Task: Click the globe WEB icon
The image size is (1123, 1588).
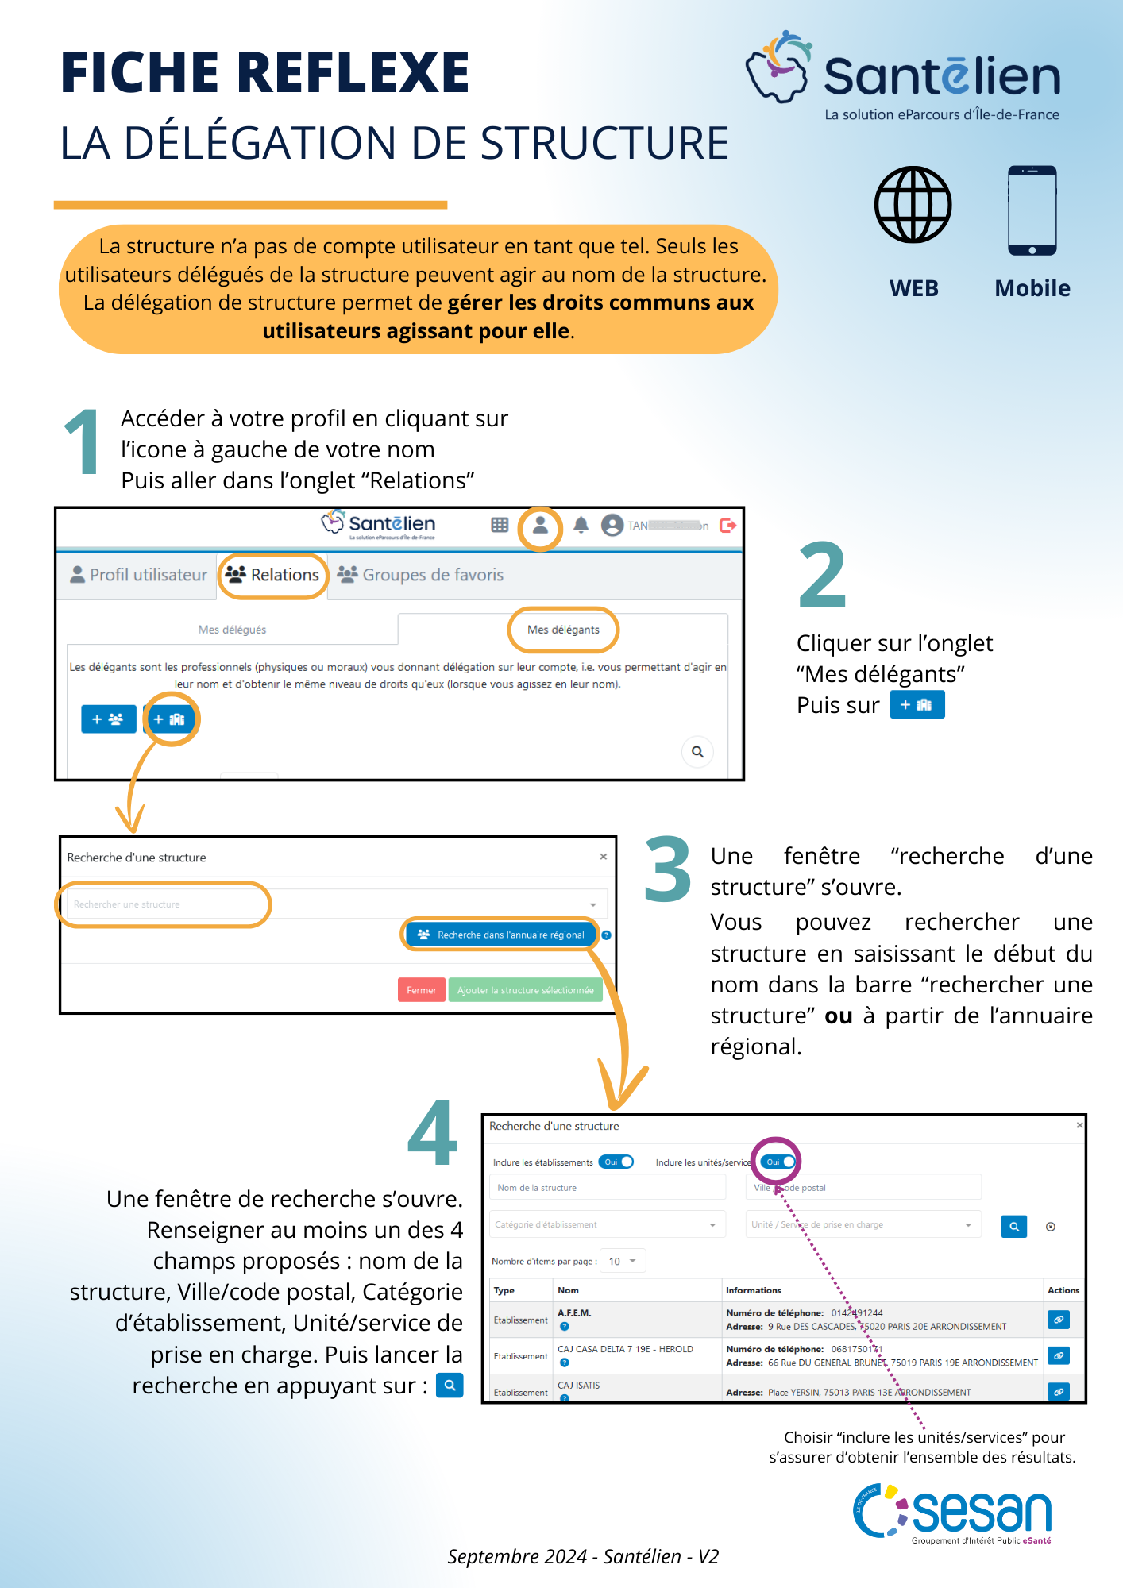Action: click(x=913, y=205)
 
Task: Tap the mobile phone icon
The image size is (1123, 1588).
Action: click(x=1032, y=210)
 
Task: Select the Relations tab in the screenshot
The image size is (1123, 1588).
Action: click(x=272, y=575)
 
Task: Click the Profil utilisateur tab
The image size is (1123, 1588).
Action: click(x=138, y=575)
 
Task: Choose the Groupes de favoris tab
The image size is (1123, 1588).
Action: click(x=420, y=575)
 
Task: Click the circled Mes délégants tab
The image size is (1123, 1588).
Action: click(x=563, y=630)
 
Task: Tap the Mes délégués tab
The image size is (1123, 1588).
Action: click(x=232, y=630)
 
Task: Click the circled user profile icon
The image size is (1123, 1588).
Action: click(x=540, y=526)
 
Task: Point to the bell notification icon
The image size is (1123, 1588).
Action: click(x=581, y=525)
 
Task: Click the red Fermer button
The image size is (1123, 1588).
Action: click(x=421, y=990)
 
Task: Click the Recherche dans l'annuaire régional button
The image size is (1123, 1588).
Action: click(x=501, y=935)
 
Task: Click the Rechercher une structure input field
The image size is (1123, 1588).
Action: click(x=167, y=904)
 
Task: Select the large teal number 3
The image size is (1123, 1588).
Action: click(x=667, y=870)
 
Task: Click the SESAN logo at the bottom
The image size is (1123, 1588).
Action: click(x=953, y=1513)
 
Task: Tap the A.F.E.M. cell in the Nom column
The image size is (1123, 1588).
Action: click(x=574, y=1313)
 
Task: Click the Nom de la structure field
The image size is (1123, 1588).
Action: click(x=608, y=1188)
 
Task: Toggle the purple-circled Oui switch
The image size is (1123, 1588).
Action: click(x=777, y=1162)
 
